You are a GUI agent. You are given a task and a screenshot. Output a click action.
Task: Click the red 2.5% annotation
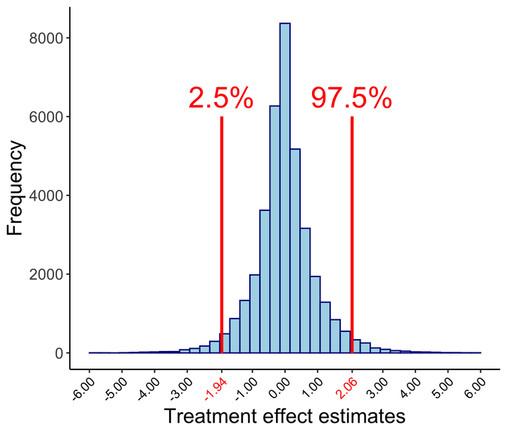pyautogui.click(x=220, y=98)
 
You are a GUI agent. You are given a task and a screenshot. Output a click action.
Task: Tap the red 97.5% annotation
pyautogui.click(x=351, y=98)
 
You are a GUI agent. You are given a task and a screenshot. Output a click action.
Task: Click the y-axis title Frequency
pyautogui.click(x=16, y=188)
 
